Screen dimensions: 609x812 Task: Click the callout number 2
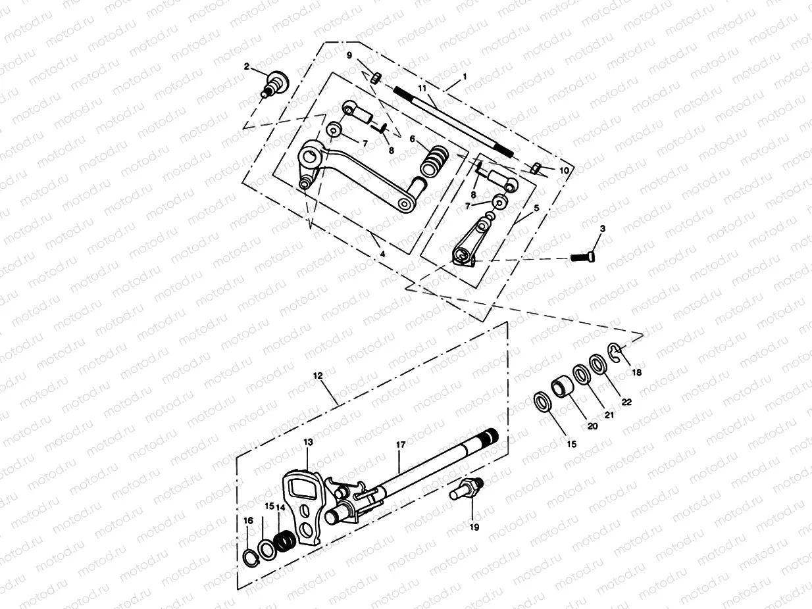tap(247, 66)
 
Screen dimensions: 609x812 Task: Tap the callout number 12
tap(318, 376)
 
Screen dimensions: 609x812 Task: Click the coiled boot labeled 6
tap(435, 162)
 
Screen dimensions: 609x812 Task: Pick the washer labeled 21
tap(582, 374)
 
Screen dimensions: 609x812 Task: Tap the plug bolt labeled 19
tap(469, 490)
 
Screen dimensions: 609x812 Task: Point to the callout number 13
tap(309, 443)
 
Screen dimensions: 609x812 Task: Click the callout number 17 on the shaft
tap(400, 445)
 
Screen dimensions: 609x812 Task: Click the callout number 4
tap(383, 253)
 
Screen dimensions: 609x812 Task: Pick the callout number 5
tap(536, 208)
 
